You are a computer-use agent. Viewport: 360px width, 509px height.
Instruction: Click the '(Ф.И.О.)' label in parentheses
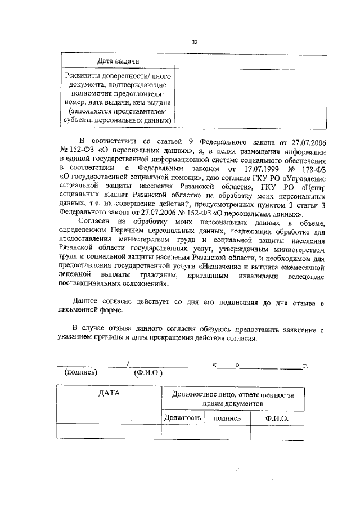(x=146, y=372)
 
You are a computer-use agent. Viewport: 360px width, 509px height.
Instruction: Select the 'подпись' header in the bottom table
(x=227, y=418)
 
